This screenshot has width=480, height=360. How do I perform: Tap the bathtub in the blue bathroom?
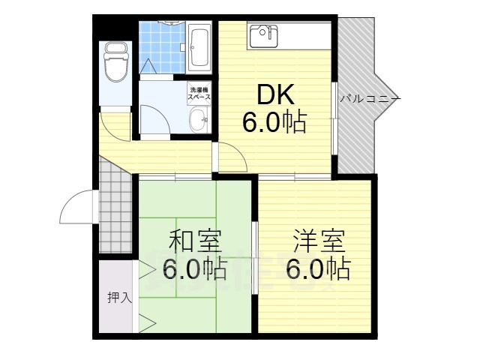click(x=199, y=46)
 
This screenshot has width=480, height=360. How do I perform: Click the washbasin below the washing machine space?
click(x=199, y=118)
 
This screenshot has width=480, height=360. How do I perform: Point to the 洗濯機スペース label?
click(x=199, y=94)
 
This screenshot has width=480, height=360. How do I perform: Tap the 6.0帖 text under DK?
click(x=274, y=122)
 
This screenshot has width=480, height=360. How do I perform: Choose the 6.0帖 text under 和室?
click(x=193, y=268)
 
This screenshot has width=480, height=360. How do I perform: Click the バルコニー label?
click(x=370, y=98)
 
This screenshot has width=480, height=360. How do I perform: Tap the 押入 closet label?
click(x=118, y=297)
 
